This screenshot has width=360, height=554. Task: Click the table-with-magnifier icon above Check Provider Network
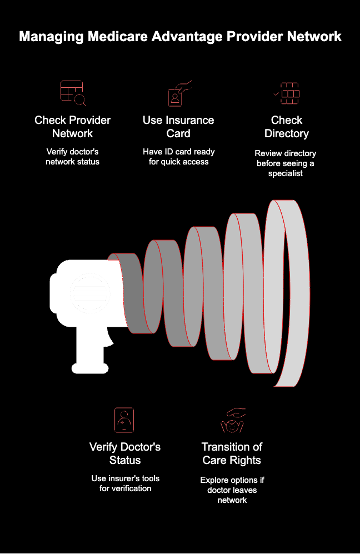73,93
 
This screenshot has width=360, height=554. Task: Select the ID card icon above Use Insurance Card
179,93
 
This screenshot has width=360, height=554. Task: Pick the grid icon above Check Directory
287,93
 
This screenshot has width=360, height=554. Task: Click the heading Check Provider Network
72,127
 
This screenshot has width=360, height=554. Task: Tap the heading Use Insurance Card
178,127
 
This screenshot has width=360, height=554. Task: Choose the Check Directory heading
287,127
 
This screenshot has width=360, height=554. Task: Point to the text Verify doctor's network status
72,157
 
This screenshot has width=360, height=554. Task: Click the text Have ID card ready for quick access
179,157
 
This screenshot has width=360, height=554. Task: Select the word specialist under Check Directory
286,173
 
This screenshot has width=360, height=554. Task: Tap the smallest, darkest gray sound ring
134,293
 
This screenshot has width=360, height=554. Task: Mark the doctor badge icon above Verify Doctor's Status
124,420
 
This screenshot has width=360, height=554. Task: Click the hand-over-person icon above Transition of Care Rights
232,421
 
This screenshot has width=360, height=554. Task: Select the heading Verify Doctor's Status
125,453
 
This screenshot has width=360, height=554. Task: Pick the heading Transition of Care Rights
232,453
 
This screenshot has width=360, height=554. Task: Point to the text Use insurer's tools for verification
126,483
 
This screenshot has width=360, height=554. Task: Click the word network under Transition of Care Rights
232,500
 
